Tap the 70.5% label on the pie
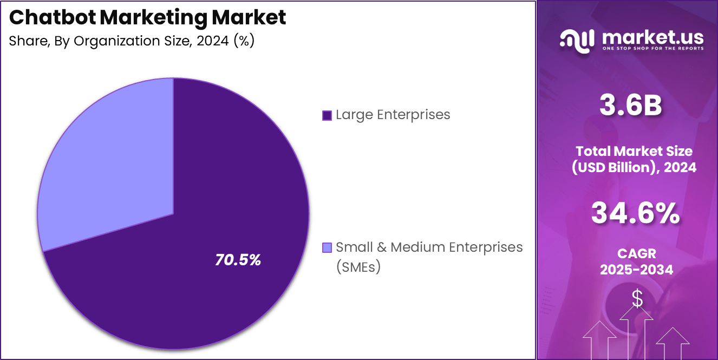238,260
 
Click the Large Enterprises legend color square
327,115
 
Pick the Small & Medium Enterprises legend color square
327,248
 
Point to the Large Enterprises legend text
393,115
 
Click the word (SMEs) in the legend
358,267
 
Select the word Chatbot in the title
52,18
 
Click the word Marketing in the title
153,18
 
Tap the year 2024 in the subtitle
212,42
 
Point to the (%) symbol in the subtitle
243,42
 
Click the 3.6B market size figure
630,106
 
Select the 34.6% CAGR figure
635,213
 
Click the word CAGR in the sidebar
636,253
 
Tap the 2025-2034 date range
636,270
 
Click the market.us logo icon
577,40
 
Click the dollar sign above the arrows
637,299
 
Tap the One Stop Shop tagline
652,49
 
